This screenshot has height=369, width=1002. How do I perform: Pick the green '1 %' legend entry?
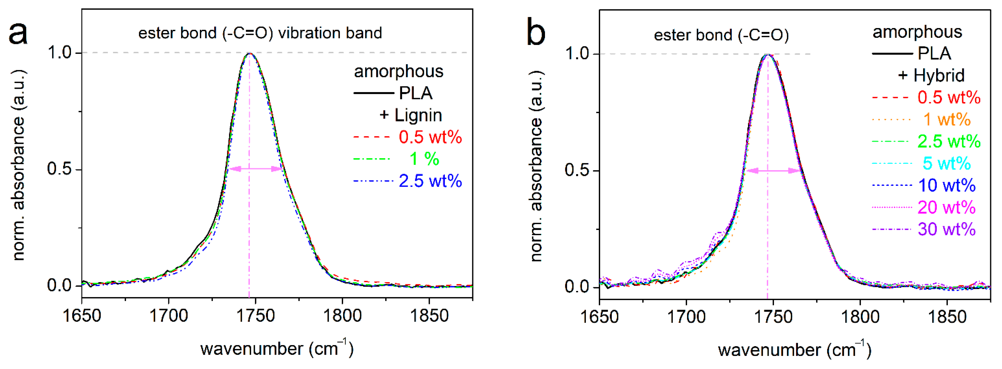pyautogui.click(x=424, y=159)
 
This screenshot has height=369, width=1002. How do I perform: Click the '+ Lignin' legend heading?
pyautogui.click(x=411, y=115)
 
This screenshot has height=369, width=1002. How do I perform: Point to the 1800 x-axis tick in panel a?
pyautogui.click(x=342, y=315)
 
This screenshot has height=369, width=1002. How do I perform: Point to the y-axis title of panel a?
pyautogui.click(x=19, y=165)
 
